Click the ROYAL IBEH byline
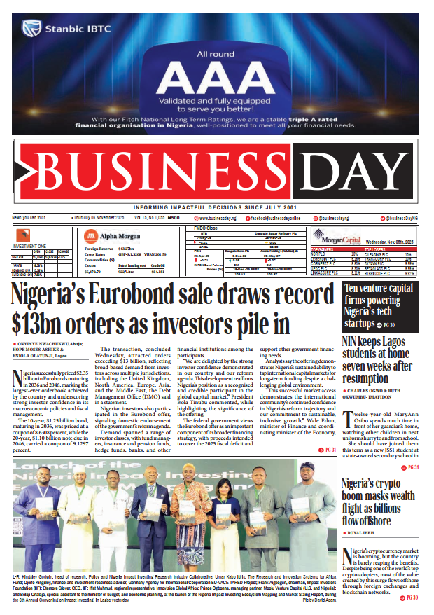[364, 532]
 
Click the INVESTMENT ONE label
[30, 246]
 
